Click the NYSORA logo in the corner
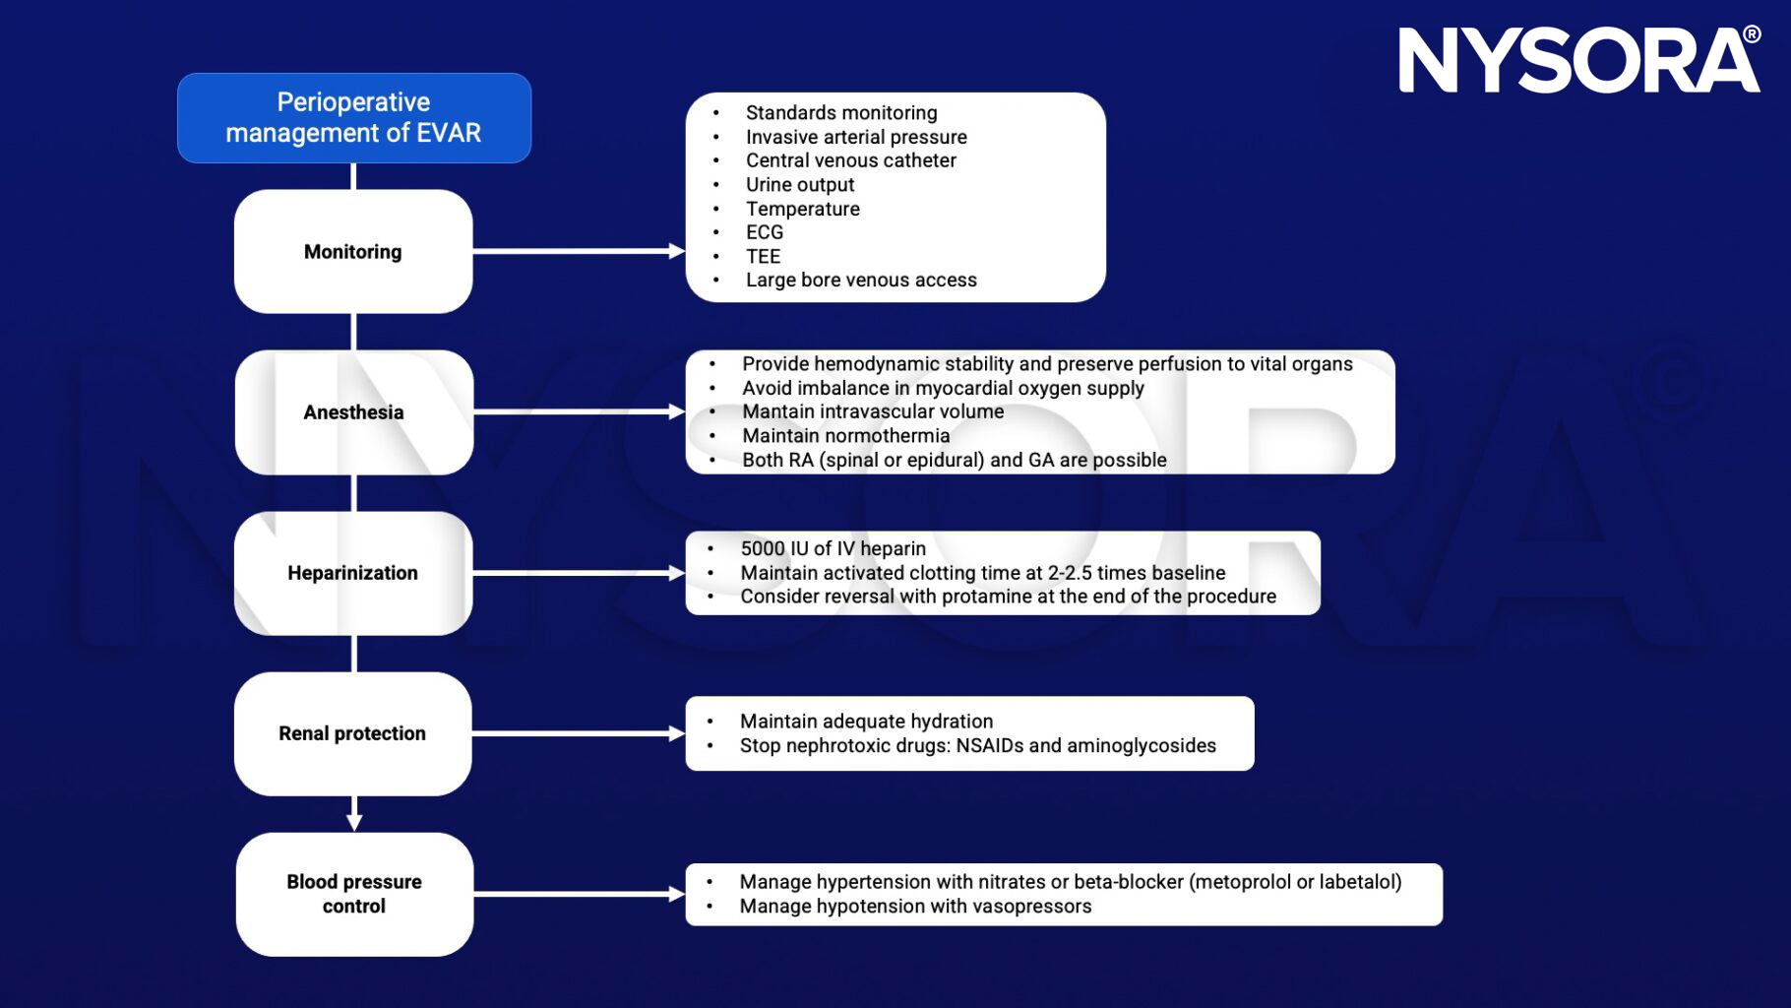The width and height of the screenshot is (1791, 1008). [x=1578, y=61]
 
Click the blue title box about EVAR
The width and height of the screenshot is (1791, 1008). [x=353, y=117]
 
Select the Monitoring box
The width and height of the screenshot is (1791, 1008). [x=352, y=252]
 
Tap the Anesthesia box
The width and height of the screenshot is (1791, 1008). [x=353, y=412]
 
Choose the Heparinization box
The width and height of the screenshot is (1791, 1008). [x=352, y=573]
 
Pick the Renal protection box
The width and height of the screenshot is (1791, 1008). [x=352, y=733]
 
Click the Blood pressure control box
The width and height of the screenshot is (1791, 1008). [x=354, y=894]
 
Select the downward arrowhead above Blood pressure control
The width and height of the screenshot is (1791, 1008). [x=354, y=820]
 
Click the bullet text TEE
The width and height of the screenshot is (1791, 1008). [x=763, y=257]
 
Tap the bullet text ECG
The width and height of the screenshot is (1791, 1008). [x=765, y=232]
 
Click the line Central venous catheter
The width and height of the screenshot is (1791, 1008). [x=850, y=160]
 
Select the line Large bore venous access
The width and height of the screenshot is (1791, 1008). [x=861, y=281]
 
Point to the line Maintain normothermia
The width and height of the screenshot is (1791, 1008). [x=845, y=436]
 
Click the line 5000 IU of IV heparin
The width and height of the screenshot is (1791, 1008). [x=833, y=549]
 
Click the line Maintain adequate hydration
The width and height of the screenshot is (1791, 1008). [x=866, y=722]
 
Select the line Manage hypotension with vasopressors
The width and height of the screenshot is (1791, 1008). [x=915, y=907]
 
